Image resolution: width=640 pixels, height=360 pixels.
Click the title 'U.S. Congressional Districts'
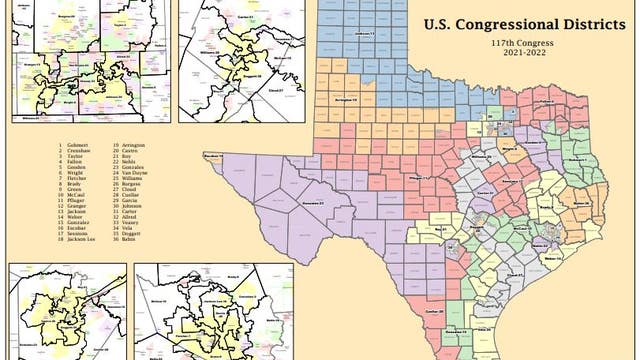(x=516, y=24)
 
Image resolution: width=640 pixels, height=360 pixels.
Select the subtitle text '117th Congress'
(x=516, y=44)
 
